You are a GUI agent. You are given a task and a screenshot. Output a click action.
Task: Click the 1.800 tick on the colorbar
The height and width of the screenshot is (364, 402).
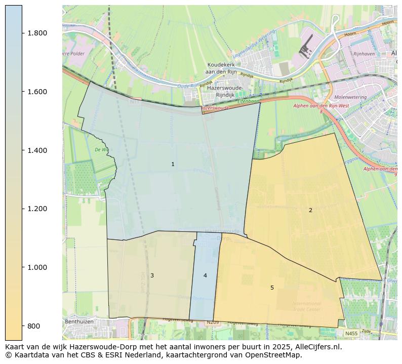pyautogui.click(x=37, y=33)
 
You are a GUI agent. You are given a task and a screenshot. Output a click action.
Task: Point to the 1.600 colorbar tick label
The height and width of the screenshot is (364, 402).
pyautogui.click(x=37, y=92)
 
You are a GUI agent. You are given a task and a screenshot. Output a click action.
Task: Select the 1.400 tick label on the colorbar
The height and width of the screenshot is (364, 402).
pyautogui.click(x=37, y=150)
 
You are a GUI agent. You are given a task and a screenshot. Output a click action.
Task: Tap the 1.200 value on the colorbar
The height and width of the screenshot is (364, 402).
pyautogui.click(x=37, y=209)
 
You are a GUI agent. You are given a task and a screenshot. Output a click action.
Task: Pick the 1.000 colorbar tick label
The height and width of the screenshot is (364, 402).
pyautogui.click(x=37, y=267)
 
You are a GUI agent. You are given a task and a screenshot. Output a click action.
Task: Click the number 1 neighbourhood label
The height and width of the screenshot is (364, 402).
pyautogui.click(x=173, y=164)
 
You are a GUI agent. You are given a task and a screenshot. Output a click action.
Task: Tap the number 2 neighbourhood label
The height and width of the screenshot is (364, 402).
pyautogui.click(x=310, y=210)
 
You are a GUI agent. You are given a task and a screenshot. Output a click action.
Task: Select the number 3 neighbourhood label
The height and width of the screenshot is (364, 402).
pyautogui.click(x=152, y=275)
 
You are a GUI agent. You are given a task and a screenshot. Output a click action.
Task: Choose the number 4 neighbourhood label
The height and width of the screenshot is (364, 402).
pyautogui.click(x=205, y=275)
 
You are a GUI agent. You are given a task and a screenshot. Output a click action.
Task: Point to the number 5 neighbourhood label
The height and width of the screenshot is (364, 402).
pyautogui.click(x=272, y=288)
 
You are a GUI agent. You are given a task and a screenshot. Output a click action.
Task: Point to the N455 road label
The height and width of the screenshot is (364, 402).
pyautogui.click(x=351, y=333)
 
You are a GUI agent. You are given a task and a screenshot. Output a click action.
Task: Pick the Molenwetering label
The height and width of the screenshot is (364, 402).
pyautogui.click(x=350, y=97)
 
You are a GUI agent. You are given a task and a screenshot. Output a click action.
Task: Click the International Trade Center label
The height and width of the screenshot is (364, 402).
pyautogui.click(x=306, y=306)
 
